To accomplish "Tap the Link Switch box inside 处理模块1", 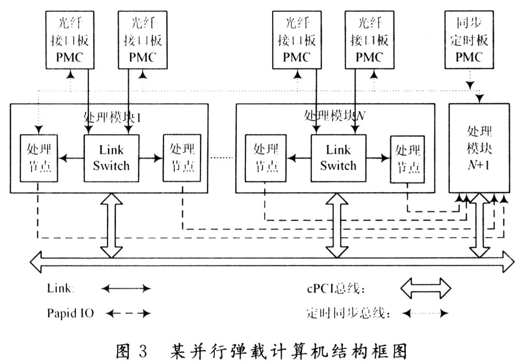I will [x=111, y=158].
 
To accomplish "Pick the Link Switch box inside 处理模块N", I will [x=338, y=158].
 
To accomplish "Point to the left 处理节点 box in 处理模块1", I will [x=38, y=159].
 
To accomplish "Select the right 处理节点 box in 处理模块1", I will [x=182, y=159].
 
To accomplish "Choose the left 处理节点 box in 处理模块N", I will [x=266, y=159].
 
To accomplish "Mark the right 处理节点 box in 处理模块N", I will [x=408, y=159].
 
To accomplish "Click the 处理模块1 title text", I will [x=112, y=116].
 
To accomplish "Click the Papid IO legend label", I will [x=70, y=313].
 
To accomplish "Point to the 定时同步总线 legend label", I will [x=348, y=313].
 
